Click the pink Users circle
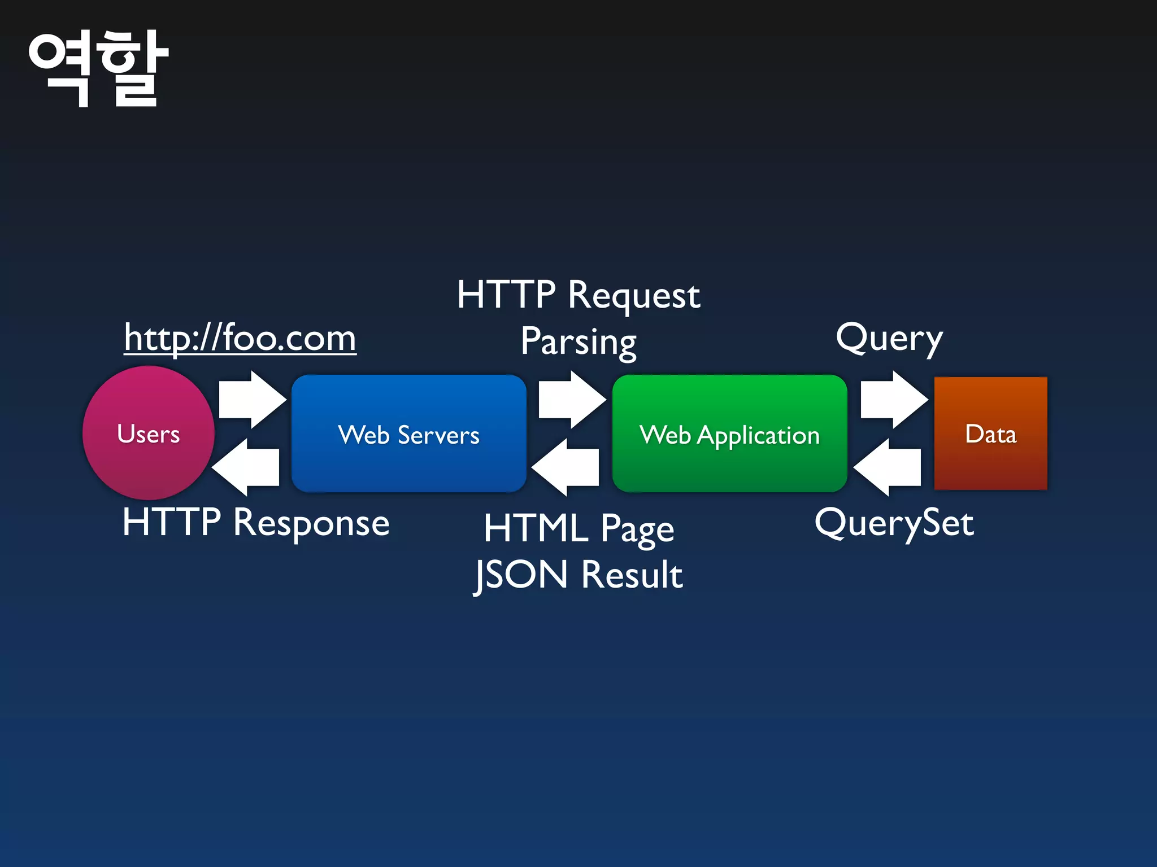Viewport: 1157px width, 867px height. pos(149,433)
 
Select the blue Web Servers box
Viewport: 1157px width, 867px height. pos(408,434)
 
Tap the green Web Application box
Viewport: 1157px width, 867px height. pos(729,434)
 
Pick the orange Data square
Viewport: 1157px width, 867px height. pos(990,433)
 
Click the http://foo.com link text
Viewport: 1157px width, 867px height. pos(240,338)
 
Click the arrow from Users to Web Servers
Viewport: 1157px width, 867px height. pos(252,400)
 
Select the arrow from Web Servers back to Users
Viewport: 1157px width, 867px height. pos(246,467)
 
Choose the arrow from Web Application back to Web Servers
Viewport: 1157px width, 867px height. pos(566,467)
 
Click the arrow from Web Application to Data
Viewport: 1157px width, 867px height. pos(893,400)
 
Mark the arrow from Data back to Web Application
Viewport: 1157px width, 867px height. pos(888,467)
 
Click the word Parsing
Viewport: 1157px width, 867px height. pos(578,342)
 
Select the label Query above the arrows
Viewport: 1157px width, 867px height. pos(889,339)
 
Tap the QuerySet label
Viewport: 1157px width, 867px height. pos(894,523)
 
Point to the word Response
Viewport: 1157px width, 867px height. pos(311,523)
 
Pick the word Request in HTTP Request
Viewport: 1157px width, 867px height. pos(634,296)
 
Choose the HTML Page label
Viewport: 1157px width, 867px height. pos(578,529)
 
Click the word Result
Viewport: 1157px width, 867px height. pos(632,575)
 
